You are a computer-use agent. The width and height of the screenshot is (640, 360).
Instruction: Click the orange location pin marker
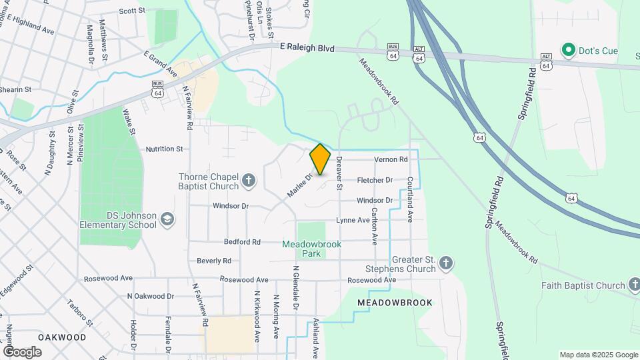tap(320, 159)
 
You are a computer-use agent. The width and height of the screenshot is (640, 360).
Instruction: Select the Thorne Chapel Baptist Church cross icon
tap(248, 180)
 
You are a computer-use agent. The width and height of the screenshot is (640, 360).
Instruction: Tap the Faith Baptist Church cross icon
tap(633, 285)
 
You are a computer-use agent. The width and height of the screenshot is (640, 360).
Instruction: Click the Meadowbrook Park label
tap(311, 249)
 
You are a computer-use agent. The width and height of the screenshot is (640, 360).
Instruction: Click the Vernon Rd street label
tap(391, 159)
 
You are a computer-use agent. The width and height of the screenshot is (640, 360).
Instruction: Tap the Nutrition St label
tap(164, 149)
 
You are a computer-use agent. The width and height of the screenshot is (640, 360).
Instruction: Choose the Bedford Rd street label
tap(242, 241)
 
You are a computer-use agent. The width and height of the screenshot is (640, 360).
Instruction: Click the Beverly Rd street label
tap(214, 260)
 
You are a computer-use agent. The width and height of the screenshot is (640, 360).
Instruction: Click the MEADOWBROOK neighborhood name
tap(395, 303)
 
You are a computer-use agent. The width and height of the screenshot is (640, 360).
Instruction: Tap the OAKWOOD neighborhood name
tap(62, 337)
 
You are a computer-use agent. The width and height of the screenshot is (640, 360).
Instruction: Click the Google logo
tap(22, 351)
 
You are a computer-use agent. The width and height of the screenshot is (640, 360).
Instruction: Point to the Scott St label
tap(132, 11)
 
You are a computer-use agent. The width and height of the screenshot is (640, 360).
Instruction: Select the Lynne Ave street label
tap(353, 220)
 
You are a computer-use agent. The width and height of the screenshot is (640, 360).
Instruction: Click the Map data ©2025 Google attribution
tap(599, 355)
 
